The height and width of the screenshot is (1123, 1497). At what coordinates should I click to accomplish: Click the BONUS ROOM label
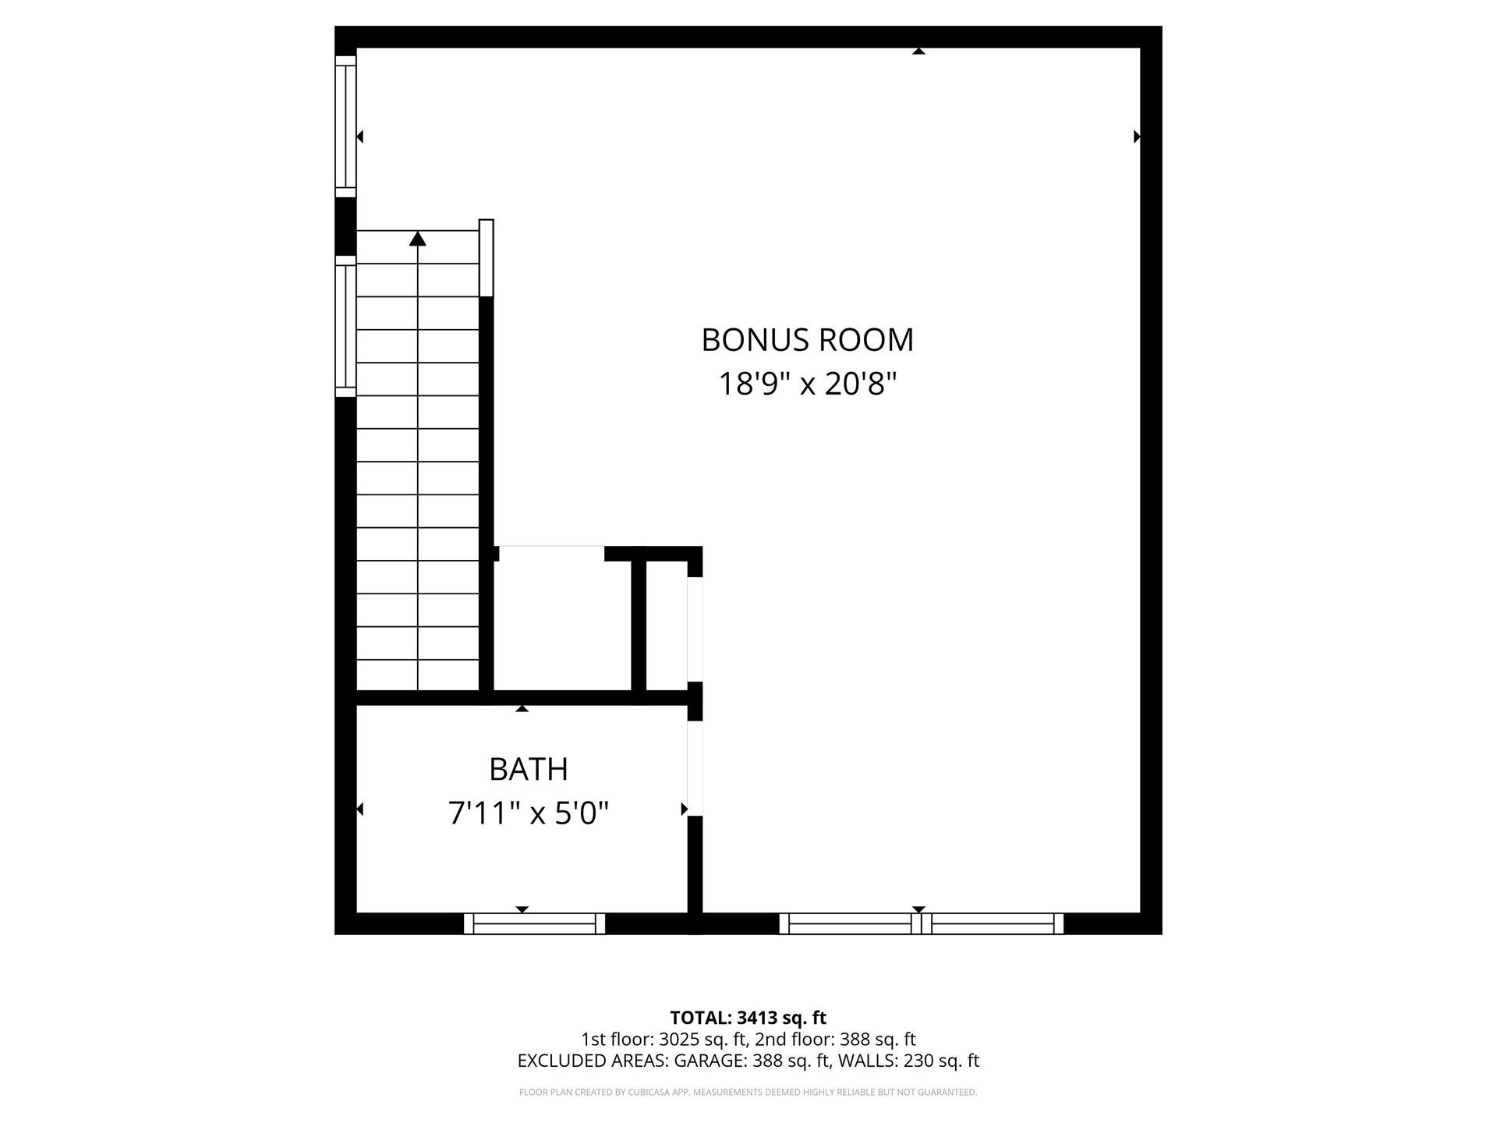807,340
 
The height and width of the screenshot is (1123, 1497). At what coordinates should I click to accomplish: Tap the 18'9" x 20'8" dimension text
807,384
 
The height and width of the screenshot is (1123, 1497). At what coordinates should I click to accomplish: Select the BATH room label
528,770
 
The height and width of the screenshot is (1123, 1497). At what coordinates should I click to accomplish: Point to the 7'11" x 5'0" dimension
528,813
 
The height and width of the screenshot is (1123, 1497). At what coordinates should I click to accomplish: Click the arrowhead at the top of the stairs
418,239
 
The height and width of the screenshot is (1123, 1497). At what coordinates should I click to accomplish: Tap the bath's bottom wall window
535,923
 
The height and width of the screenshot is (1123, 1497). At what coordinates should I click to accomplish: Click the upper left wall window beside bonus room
345,126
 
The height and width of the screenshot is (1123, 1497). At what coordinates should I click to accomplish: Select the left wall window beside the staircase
345,326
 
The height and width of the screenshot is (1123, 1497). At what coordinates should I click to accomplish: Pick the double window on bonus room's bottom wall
922,923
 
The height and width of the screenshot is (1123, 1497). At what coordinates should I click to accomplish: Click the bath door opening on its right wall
695,768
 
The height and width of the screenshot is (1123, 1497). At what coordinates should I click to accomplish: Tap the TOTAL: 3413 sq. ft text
748,1018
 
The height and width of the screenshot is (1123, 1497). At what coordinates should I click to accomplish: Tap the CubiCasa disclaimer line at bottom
748,1093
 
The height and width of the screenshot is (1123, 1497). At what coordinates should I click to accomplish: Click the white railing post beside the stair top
487,258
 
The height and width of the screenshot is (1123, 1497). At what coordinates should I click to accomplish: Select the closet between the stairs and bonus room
562,620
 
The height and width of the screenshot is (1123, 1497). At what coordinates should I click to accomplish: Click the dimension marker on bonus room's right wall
1137,136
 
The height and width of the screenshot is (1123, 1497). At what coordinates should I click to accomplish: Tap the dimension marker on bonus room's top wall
918,51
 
